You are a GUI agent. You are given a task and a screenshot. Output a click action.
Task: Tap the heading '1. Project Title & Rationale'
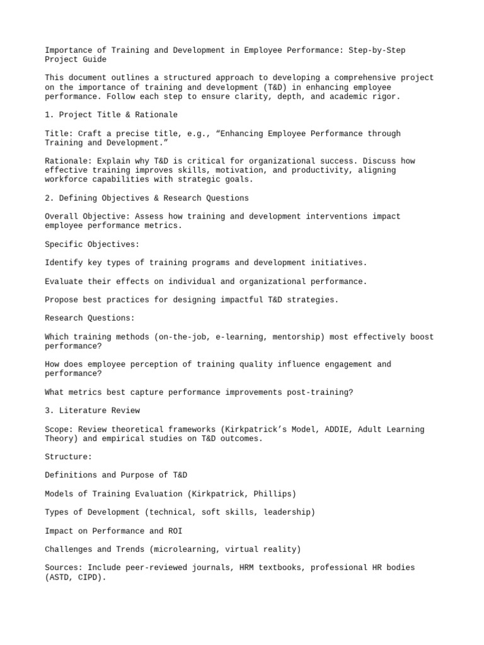pyautogui.click(x=111, y=115)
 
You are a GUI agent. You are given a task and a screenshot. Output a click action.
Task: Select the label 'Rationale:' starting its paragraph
pyautogui.click(x=68, y=161)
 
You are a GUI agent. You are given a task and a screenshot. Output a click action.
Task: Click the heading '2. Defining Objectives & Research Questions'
pyautogui.click(x=146, y=198)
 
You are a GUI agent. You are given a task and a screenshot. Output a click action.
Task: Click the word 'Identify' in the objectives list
pyautogui.click(x=66, y=263)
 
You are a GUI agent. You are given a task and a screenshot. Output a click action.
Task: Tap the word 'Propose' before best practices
pyautogui.click(x=63, y=300)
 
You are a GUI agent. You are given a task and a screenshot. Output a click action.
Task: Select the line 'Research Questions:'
pyautogui.click(x=89, y=318)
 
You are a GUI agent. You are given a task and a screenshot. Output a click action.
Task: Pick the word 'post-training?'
pyautogui.click(x=320, y=392)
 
